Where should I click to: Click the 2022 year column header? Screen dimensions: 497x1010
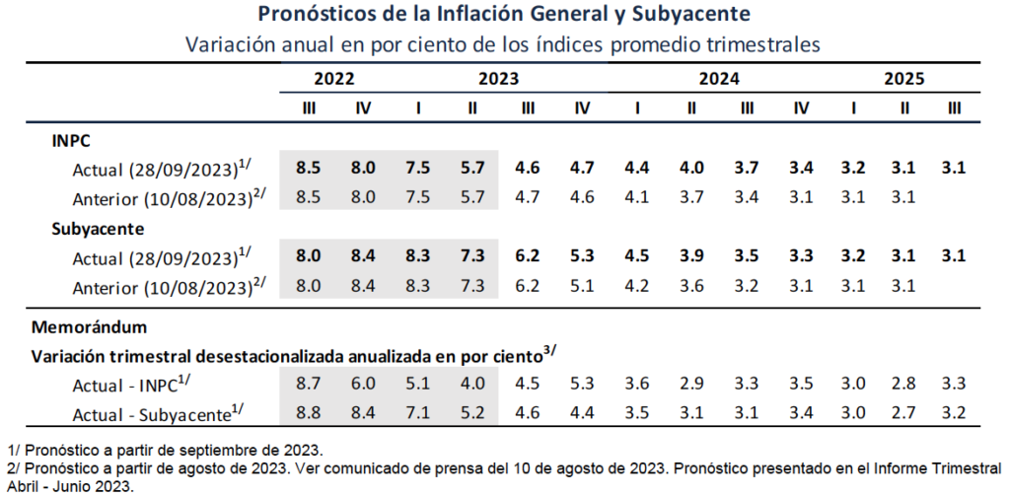click(335, 79)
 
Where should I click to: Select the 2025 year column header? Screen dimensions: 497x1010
click(903, 79)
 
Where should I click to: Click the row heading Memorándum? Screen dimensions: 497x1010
click(90, 324)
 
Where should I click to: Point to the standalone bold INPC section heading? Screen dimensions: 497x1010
click(72, 139)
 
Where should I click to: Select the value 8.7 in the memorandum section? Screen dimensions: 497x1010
click(309, 384)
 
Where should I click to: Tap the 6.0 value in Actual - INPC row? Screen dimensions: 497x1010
click(363, 384)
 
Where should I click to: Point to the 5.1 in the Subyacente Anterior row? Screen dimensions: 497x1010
click(582, 287)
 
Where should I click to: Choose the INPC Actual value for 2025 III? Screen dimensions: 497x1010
click(953, 168)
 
